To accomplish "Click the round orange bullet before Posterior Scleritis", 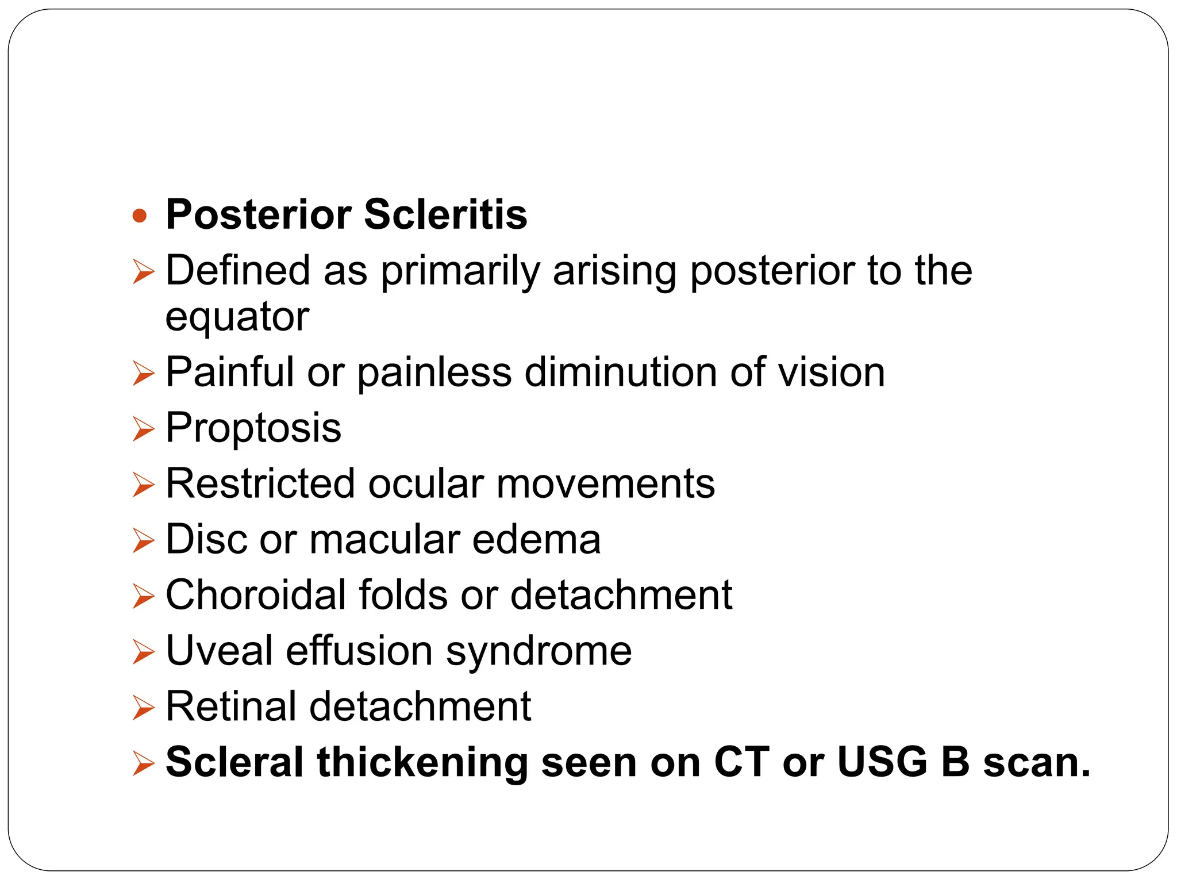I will [140, 216].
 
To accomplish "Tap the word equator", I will [237, 317].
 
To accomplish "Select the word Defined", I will [238, 270].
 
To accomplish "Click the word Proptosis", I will [253, 428].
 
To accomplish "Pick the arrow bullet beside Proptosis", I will [143, 429].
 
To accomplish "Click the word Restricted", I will [260, 483].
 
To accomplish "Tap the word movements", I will [606, 483].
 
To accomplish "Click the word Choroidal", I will [256, 594].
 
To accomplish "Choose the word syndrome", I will [539, 651].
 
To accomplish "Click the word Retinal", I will [231, 707].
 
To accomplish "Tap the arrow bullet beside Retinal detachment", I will [143, 707].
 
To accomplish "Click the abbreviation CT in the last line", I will [741, 762].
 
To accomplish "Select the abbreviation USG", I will [882, 762].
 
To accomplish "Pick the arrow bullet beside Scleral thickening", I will [143, 763].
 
